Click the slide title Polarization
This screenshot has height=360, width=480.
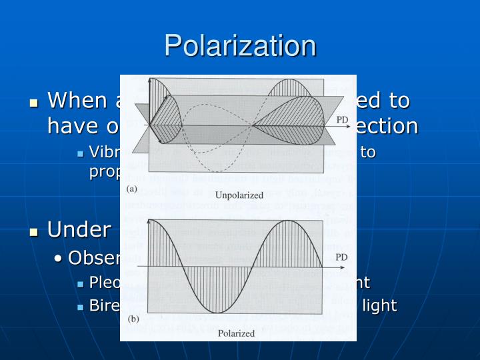coord(240,45)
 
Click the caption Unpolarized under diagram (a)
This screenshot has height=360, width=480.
coord(239,195)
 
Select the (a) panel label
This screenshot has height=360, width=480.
coord(132,189)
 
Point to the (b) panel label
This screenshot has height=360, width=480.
coord(132,321)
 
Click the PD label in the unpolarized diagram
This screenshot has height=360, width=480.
coord(341,119)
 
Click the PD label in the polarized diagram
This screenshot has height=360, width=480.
coord(341,257)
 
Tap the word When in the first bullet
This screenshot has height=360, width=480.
coord(78,101)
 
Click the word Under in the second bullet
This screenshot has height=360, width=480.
coord(79,230)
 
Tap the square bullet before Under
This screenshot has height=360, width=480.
coord(34,232)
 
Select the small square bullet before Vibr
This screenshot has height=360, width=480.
coord(80,154)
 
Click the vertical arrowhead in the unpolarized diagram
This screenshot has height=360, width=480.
coord(151,81)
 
